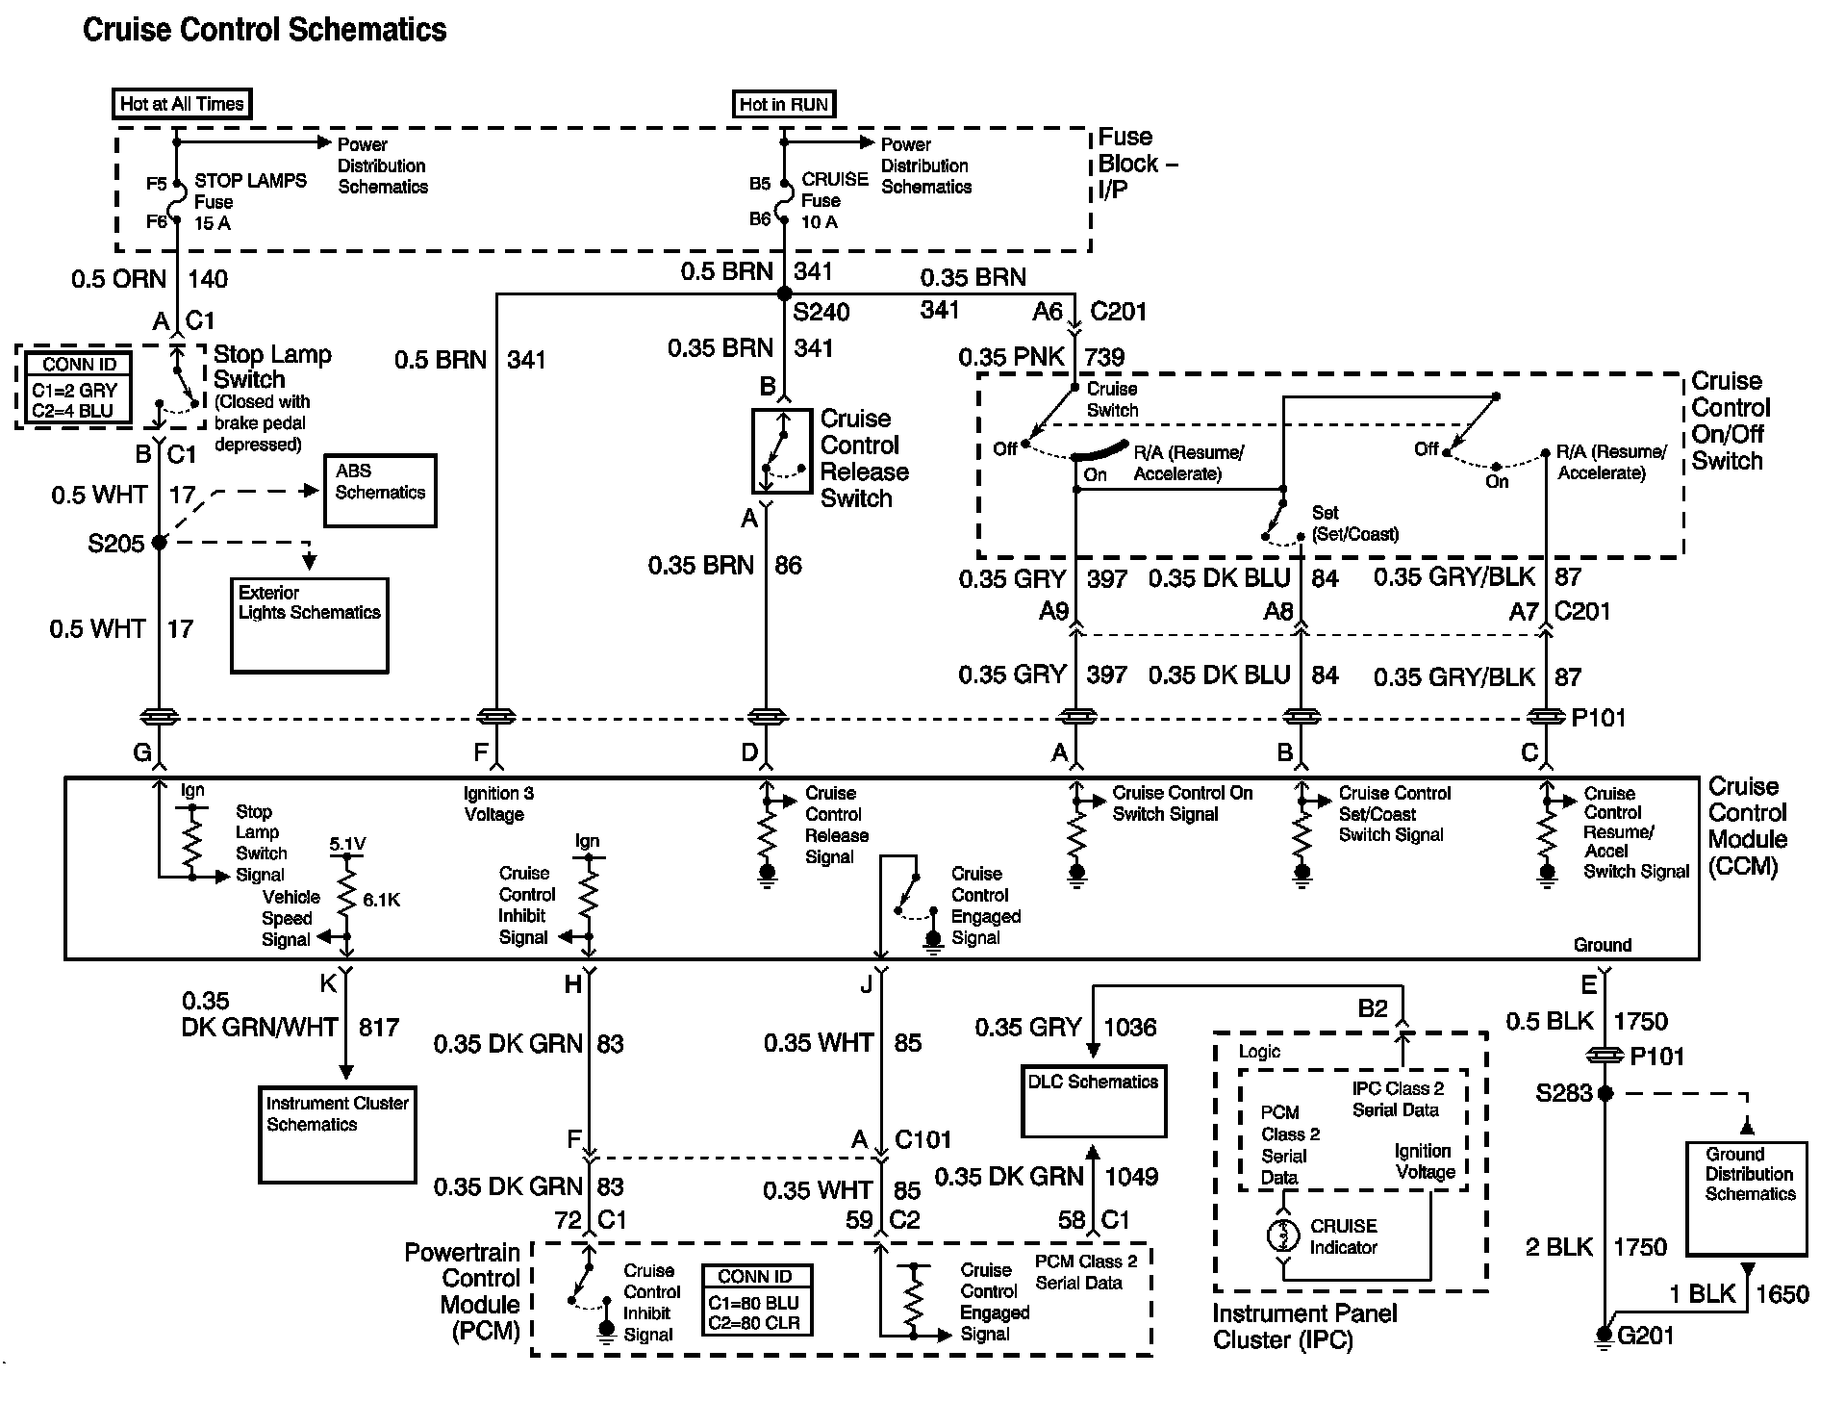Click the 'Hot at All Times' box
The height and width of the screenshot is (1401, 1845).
(182, 104)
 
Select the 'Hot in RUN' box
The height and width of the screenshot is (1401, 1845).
(784, 104)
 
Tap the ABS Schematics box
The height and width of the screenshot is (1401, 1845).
(380, 491)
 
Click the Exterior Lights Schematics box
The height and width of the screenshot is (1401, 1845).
(310, 625)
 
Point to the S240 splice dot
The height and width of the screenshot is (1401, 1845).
(784, 293)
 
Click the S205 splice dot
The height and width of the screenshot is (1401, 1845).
(160, 543)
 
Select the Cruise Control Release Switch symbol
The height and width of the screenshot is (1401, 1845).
(781, 451)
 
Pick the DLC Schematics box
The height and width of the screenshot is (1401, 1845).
(1094, 1101)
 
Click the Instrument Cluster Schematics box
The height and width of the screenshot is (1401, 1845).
(338, 1134)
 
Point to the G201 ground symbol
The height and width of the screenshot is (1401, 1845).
(1604, 1335)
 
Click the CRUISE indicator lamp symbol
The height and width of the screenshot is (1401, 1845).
(1283, 1235)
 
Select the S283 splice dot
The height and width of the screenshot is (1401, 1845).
(1604, 1093)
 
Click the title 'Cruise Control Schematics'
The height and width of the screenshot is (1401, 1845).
(265, 30)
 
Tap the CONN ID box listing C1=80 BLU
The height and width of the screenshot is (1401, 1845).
(756, 1300)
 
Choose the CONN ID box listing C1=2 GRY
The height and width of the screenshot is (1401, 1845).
(80, 388)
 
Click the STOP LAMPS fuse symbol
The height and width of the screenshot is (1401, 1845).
(177, 201)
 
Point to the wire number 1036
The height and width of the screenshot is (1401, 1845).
(1130, 1028)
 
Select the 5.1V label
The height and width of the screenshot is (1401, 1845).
(347, 844)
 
